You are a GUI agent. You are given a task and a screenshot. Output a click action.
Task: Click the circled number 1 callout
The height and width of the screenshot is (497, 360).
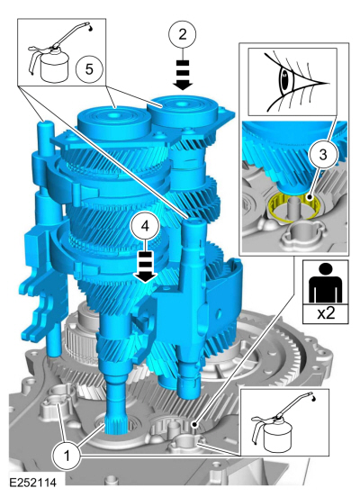coord(67,456)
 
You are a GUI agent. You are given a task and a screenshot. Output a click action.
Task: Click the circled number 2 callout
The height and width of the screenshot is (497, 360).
coord(182,34)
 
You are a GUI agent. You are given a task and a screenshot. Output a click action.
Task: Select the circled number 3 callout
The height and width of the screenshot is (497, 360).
coord(322,155)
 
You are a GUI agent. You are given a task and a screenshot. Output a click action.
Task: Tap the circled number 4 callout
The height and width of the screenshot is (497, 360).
coord(145,226)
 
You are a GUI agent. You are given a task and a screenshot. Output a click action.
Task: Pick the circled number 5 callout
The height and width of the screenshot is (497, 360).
coord(89,68)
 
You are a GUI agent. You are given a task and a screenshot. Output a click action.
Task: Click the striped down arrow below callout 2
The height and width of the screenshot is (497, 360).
coord(182,75)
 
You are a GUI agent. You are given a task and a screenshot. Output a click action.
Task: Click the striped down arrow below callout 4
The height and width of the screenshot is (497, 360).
coord(145,267)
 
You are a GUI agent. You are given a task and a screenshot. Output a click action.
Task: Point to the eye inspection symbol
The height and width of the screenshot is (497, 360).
coord(292,82)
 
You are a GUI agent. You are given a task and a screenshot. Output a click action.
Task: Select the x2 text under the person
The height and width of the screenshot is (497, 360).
coord(326,313)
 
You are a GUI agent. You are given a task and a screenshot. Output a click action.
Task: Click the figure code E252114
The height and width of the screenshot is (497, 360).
coord(32,483)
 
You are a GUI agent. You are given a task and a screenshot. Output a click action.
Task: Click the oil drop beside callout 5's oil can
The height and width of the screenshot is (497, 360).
coord(91,29)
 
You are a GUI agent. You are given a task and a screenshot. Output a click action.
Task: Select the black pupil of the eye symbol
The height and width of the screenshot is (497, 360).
coord(285,81)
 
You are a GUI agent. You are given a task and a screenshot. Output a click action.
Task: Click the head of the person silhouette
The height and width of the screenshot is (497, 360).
coord(326,270)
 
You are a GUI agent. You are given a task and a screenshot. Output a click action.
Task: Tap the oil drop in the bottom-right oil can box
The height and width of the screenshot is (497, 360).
coord(313,400)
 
